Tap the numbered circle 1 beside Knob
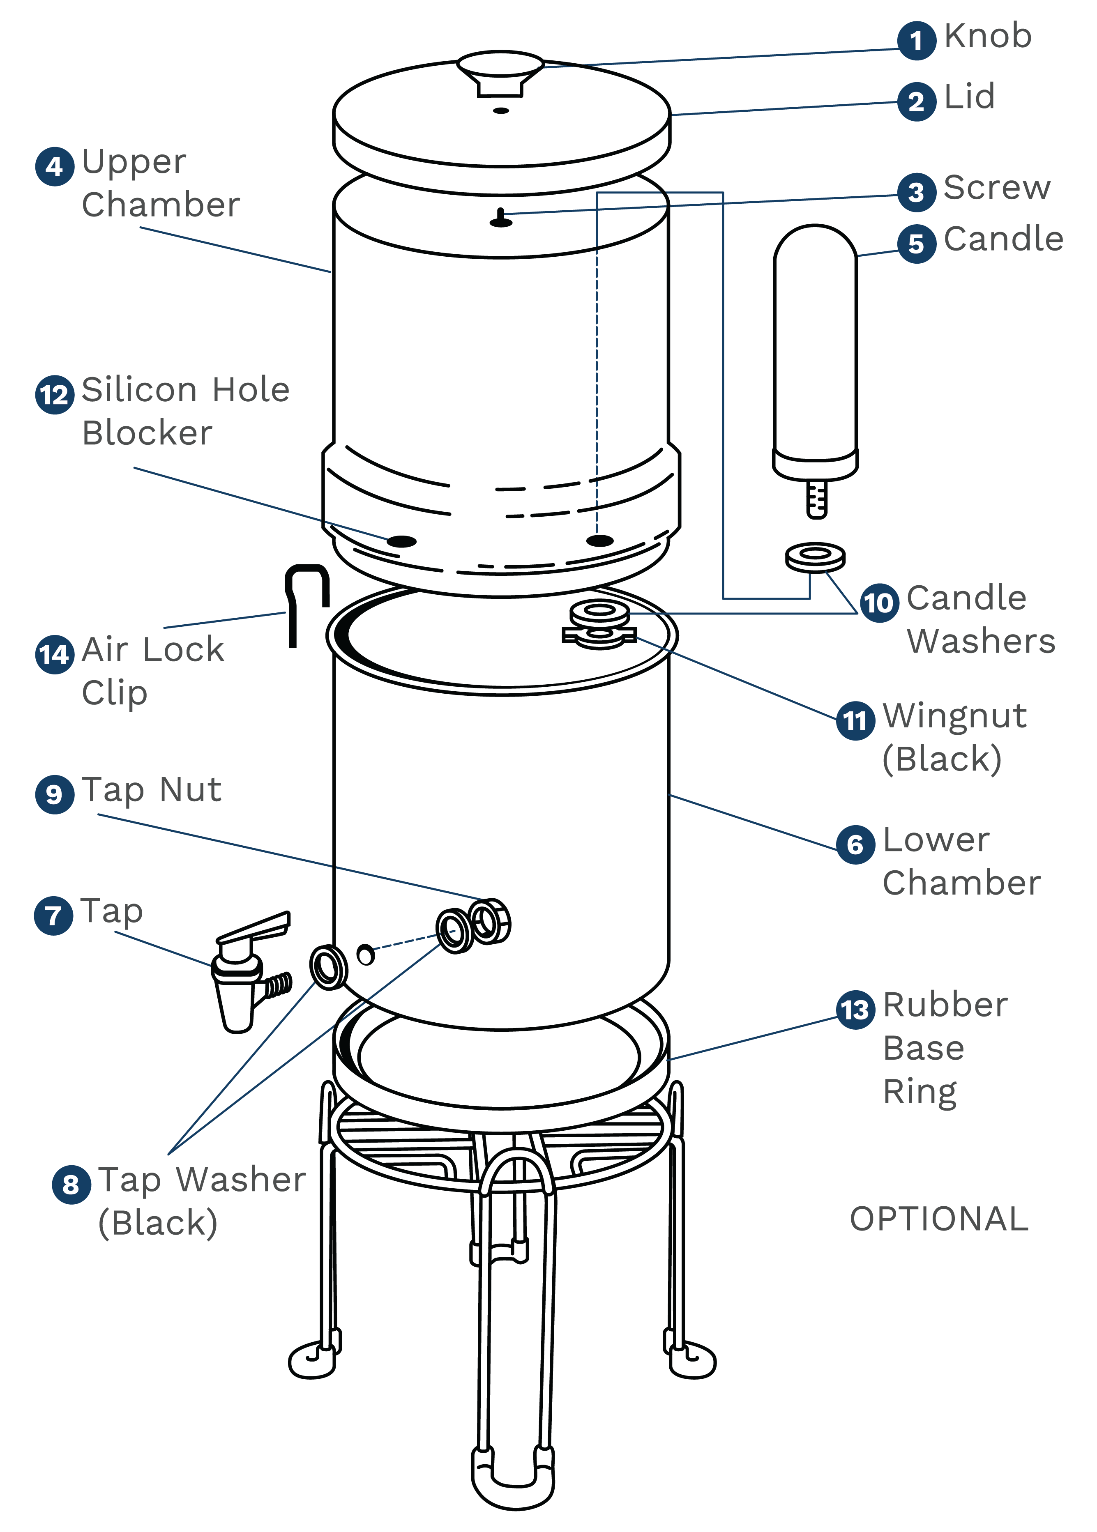(x=916, y=41)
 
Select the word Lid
(x=969, y=97)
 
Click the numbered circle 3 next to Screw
(x=916, y=193)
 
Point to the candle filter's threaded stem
(x=817, y=498)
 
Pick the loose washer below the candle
(x=815, y=557)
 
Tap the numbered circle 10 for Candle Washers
(x=879, y=602)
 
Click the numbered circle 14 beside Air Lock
(x=54, y=654)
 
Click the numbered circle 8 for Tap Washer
(x=71, y=1184)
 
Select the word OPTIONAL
(x=939, y=1219)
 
